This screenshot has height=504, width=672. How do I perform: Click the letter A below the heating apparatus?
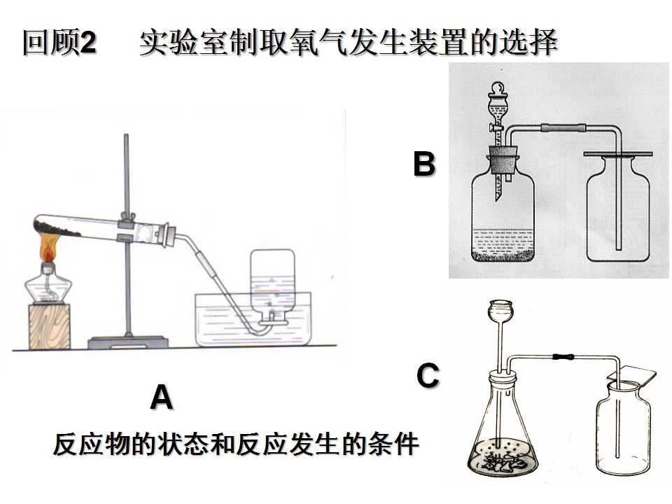162,398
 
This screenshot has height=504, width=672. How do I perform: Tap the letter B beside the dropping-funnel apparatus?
424,164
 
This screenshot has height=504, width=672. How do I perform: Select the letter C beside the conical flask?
428,375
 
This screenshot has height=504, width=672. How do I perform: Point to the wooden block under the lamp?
49,325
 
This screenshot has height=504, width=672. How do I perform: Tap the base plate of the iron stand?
127,342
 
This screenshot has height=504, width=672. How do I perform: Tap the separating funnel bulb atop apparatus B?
497,104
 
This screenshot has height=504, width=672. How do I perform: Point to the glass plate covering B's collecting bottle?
617,153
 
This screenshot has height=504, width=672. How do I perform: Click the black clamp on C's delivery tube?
562,356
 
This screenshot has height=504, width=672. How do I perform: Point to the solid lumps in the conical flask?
503,463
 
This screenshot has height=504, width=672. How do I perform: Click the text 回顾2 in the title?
59,42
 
